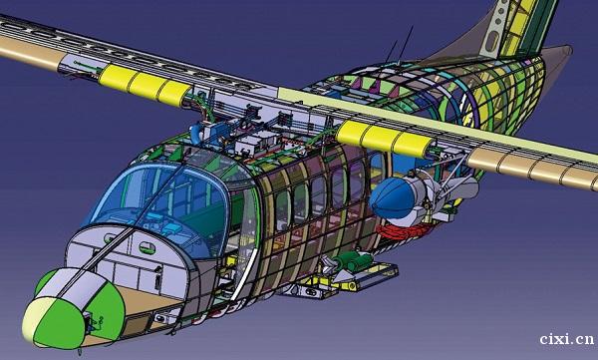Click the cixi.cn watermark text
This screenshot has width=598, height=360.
click(x=567, y=339)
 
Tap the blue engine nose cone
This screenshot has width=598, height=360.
click(x=391, y=197)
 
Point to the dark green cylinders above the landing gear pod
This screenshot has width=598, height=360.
click(x=354, y=260)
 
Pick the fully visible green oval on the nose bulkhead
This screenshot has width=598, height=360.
click(x=148, y=247)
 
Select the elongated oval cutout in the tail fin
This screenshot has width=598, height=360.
click(x=492, y=40)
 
